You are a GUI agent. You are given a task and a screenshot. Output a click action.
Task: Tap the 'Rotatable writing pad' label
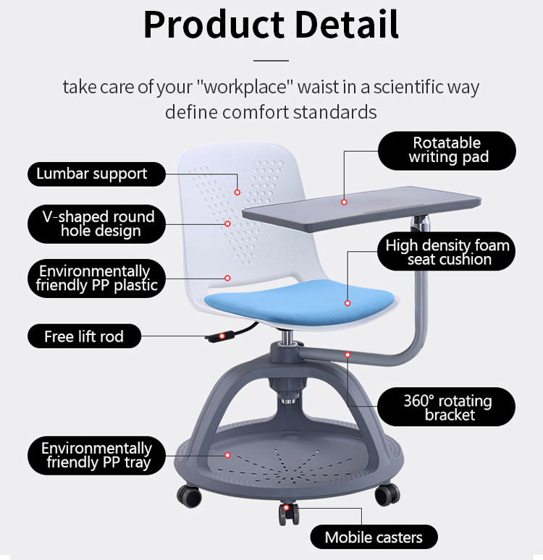(x=447, y=150)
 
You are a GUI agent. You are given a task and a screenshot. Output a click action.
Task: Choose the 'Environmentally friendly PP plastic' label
(x=96, y=279)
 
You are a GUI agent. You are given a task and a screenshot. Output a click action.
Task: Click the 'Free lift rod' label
(x=85, y=336)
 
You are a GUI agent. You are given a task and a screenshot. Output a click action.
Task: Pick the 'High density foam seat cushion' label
(x=447, y=252)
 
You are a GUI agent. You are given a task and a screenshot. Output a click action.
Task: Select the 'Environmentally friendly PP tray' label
(x=96, y=455)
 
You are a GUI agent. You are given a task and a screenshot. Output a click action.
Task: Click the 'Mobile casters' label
(x=374, y=537)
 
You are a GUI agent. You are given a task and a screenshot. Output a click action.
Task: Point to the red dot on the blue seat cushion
(x=348, y=303)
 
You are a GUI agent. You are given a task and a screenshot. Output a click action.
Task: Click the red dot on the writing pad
(x=344, y=202)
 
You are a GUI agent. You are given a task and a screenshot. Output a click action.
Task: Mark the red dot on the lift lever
(x=222, y=336)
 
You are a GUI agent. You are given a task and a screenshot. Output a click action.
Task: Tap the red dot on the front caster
(x=286, y=507)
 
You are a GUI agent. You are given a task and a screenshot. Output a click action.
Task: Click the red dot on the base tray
(x=227, y=455)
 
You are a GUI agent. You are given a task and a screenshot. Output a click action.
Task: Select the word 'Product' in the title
(x=214, y=25)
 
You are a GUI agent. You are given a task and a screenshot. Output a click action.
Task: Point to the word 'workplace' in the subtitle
(x=245, y=87)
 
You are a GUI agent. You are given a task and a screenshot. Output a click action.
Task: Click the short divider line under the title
(x=271, y=61)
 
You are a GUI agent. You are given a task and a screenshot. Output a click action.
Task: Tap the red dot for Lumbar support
(x=237, y=192)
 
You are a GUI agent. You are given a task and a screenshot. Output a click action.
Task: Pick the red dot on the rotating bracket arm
(x=348, y=355)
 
